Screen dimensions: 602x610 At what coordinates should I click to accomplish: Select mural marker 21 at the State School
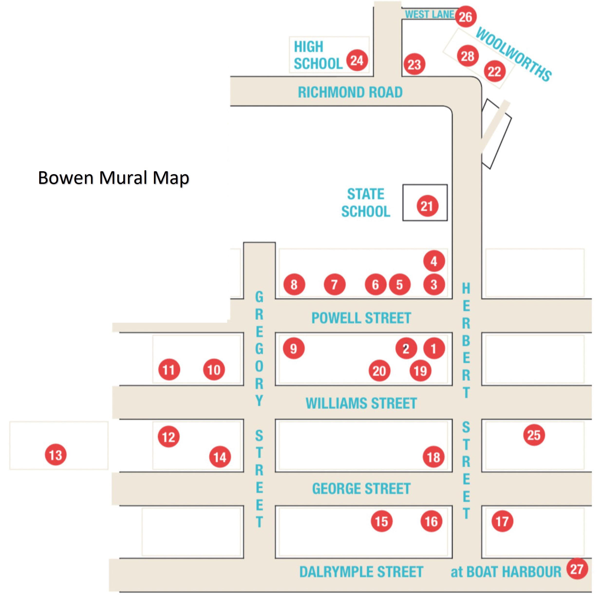coord(427,206)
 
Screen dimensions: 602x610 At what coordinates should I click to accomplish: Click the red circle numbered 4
coord(434,261)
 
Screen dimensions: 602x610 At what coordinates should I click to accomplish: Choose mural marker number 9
coord(294,349)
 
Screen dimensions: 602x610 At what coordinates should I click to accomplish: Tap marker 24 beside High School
coord(357,60)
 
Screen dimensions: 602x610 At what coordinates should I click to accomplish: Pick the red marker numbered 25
coord(534,435)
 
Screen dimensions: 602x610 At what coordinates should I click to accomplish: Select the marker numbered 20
coord(379,371)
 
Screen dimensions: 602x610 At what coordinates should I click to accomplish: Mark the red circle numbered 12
coord(169,437)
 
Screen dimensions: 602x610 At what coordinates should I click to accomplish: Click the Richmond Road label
coord(350,92)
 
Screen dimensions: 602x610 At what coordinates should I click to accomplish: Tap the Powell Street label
coord(361,318)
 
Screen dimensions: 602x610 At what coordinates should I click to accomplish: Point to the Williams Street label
coord(361,403)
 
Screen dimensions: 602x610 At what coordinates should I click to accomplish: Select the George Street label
coord(361,489)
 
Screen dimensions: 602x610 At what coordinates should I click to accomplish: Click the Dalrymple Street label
coord(361,572)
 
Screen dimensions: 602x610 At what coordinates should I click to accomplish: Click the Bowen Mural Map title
coord(113,178)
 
